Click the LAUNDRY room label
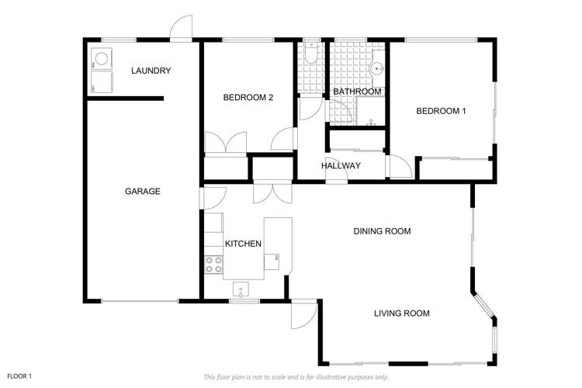tap(151, 71)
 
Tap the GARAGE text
tap(143, 191)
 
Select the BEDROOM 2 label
tap(248, 97)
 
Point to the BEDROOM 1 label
tap(441, 111)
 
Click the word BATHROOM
tap(357, 92)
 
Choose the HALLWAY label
tap(341, 165)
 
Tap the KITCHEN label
tap(243, 244)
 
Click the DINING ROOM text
tap(382, 231)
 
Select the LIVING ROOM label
tap(401, 314)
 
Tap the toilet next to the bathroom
tap(310, 50)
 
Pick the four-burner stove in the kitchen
tap(212, 264)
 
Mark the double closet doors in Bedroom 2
tap(225, 143)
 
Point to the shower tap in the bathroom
tap(372, 122)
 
